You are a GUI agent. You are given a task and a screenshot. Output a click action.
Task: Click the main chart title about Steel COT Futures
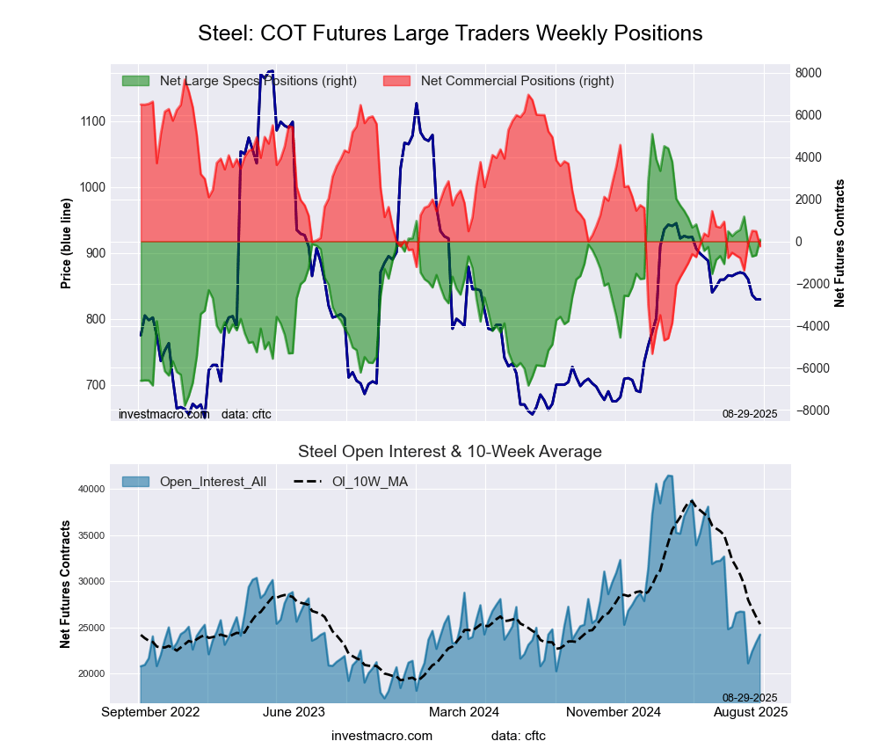point(450,33)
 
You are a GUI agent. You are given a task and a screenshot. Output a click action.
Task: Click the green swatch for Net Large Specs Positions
point(136,81)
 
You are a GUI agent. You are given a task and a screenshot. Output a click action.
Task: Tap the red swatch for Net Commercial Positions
point(397,81)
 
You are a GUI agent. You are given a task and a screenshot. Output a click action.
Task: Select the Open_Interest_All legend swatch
point(136,481)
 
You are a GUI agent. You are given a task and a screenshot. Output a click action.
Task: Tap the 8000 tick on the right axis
point(809,73)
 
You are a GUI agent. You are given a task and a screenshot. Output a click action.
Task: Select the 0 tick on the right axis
point(799,242)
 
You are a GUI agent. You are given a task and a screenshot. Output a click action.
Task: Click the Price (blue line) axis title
point(66,242)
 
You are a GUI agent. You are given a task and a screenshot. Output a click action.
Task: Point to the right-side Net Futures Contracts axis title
point(839,243)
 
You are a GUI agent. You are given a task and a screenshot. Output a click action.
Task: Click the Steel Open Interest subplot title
point(450,452)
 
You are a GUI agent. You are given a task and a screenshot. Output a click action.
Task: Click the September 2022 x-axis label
point(150,712)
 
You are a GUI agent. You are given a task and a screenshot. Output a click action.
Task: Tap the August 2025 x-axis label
point(750,712)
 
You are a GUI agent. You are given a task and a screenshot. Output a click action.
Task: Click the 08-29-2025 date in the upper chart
point(750,413)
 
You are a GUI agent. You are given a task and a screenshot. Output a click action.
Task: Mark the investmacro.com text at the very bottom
point(382,735)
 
